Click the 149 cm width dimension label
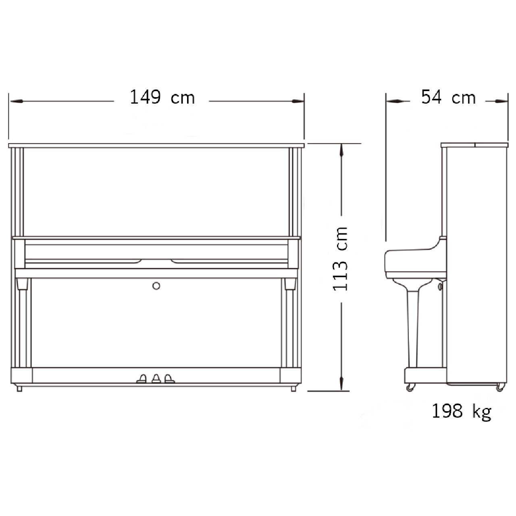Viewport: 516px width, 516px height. point(162,97)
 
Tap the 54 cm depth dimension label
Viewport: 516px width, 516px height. point(448,97)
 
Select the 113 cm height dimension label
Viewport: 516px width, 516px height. point(340,259)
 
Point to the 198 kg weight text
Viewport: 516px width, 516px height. point(462,412)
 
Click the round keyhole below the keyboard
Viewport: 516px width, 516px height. point(156,286)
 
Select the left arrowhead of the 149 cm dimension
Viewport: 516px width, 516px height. point(16,101)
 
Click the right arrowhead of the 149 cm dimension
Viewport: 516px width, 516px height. point(298,101)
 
